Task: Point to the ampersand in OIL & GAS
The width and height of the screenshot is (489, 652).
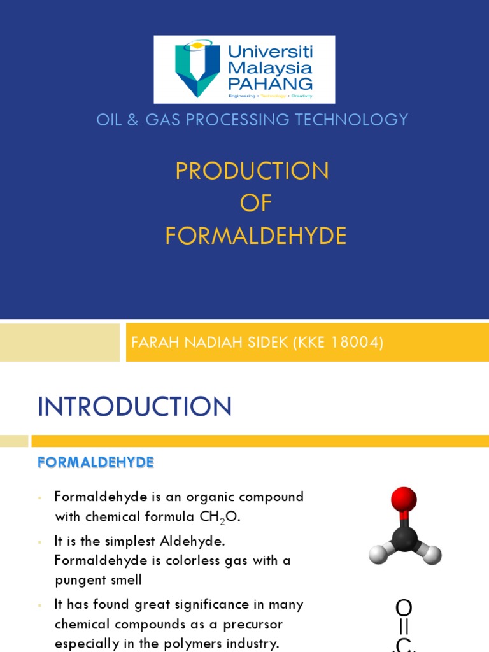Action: click(x=132, y=119)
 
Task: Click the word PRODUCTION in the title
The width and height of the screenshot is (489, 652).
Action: click(x=252, y=171)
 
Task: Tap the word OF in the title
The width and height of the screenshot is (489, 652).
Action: click(x=256, y=203)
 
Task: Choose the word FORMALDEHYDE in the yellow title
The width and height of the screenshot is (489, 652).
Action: click(x=256, y=236)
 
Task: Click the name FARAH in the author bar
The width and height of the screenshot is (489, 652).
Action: click(x=152, y=343)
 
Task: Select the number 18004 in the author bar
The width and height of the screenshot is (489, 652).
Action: click(x=355, y=343)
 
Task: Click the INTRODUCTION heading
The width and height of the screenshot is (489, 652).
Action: click(x=135, y=406)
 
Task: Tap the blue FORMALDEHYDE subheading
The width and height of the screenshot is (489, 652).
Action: click(x=96, y=463)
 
